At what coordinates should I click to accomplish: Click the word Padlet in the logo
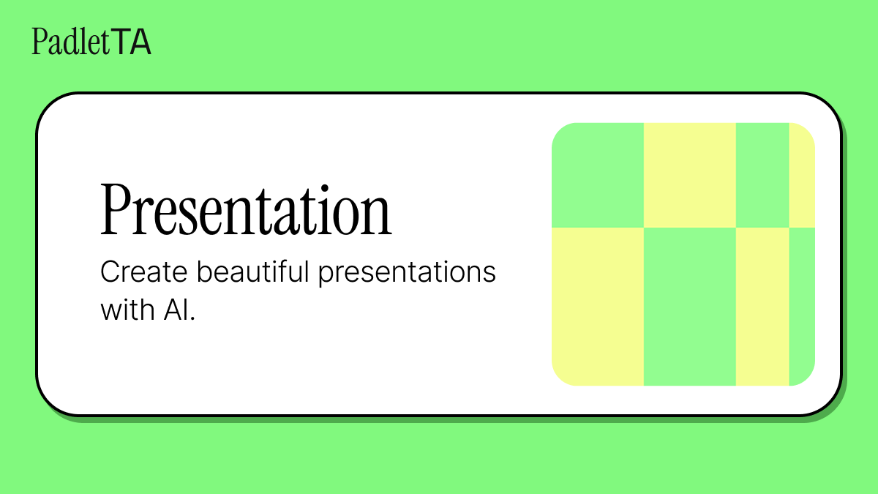point(71,42)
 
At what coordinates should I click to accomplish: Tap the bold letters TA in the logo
point(132,42)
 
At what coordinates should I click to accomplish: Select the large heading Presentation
point(246,209)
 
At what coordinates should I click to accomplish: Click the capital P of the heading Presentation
point(117,209)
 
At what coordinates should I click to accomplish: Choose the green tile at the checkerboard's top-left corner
point(598,175)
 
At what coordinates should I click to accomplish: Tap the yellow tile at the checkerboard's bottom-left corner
point(598,307)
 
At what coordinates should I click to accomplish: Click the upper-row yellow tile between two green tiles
point(689,175)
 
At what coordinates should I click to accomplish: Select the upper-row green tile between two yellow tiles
point(762,175)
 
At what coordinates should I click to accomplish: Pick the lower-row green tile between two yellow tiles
point(689,307)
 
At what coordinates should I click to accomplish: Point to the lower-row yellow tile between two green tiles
point(762,307)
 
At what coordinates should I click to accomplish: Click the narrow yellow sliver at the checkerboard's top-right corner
point(801,175)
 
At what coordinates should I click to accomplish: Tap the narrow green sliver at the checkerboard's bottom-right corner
point(801,307)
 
